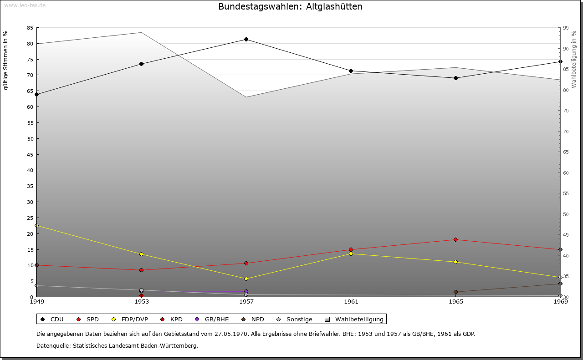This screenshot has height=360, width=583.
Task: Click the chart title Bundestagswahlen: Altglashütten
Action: click(x=290, y=7)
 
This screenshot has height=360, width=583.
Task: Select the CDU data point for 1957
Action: click(x=246, y=39)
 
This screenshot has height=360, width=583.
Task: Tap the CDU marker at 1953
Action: click(x=141, y=64)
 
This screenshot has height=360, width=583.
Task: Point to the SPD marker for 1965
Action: click(x=455, y=239)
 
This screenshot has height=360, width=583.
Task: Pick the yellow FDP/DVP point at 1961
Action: click(x=351, y=254)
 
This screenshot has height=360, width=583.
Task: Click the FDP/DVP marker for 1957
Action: click(x=246, y=279)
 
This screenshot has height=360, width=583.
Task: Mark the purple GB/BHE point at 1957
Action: click(x=246, y=291)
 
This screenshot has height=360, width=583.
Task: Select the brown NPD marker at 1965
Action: click(x=455, y=292)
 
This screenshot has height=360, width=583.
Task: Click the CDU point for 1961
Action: click(x=351, y=71)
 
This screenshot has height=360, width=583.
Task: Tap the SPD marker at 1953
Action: click(x=141, y=270)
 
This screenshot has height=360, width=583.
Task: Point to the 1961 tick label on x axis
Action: click(x=351, y=301)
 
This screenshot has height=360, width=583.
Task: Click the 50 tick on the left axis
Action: click(x=30, y=139)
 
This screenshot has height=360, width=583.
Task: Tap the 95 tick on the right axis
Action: click(x=566, y=28)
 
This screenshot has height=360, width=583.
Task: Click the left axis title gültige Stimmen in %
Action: click(x=6, y=60)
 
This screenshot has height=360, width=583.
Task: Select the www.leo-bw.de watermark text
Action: click(x=25, y=5)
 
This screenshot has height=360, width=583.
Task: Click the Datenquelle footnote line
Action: click(x=117, y=345)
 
